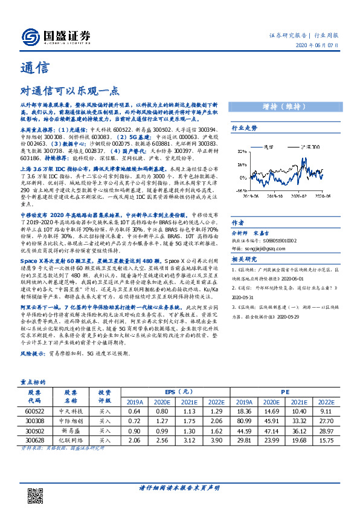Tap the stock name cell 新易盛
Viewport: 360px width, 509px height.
(71, 431)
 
